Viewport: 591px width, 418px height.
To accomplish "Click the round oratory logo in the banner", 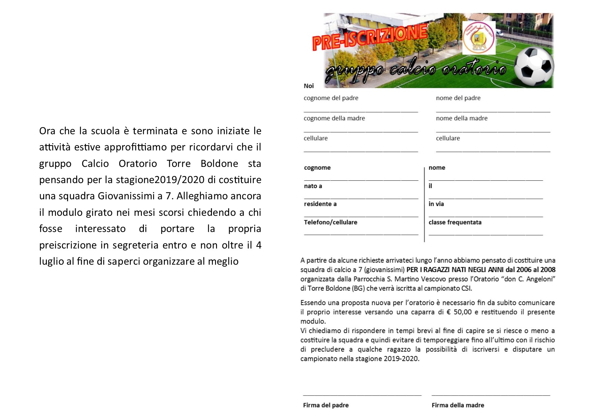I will tap(479, 37).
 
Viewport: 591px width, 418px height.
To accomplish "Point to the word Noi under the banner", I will tap(309, 86).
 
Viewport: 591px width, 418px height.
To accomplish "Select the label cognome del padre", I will tap(331, 98).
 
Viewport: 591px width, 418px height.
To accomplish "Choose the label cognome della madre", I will tap(334, 118).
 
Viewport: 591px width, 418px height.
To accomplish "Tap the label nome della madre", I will tap(462, 118).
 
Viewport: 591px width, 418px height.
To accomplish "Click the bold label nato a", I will tap(313, 186).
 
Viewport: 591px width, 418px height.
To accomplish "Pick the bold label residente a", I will tap(320, 204).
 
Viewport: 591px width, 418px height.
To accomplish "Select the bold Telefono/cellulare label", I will tap(331, 222).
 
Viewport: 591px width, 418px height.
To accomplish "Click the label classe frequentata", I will tap(455, 222).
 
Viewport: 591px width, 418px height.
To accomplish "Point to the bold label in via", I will tap(436, 204).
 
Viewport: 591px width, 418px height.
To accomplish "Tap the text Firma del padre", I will tap(326, 405).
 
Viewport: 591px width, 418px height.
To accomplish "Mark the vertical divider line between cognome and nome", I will tap(425, 204).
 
